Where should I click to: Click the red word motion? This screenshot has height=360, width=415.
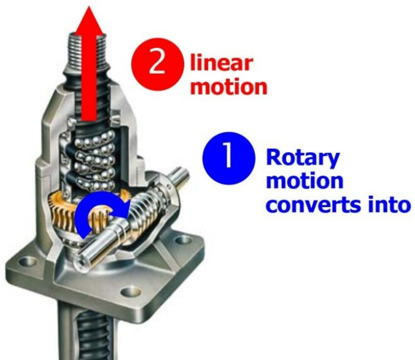(229, 86)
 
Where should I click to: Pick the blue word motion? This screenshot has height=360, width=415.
(304, 181)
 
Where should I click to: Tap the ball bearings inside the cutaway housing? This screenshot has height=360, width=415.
(92, 154)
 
